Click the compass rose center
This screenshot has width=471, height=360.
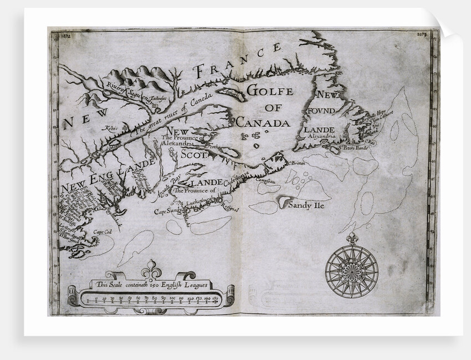[x=351, y=271]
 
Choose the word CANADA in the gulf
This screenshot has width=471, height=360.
[x=263, y=123]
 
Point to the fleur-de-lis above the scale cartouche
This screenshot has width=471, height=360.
[x=151, y=271]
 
